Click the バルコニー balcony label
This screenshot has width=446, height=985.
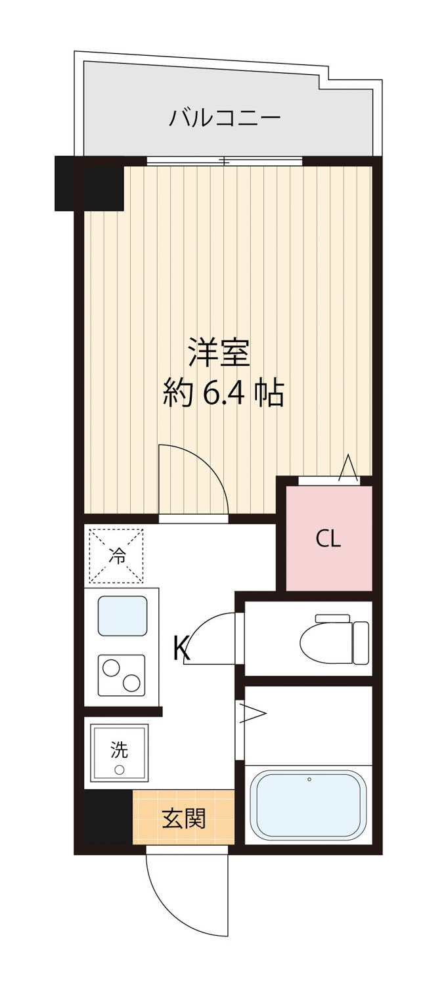click(x=225, y=118)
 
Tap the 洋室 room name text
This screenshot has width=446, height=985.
click(x=219, y=352)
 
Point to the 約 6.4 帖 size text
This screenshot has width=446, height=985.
click(x=223, y=393)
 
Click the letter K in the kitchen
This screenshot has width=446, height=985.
click(x=181, y=648)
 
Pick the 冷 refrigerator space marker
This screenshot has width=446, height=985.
click(x=116, y=556)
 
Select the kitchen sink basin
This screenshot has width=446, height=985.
click(x=122, y=616)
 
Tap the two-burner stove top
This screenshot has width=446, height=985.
click(x=122, y=676)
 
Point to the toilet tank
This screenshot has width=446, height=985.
click(x=361, y=642)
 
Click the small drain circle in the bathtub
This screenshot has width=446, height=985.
click(x=309, y=779)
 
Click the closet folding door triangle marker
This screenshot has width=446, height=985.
click(x=348, y=468)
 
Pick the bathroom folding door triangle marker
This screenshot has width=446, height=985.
click(x=253, y=713)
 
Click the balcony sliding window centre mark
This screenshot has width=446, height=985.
click(x=225, y=161)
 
